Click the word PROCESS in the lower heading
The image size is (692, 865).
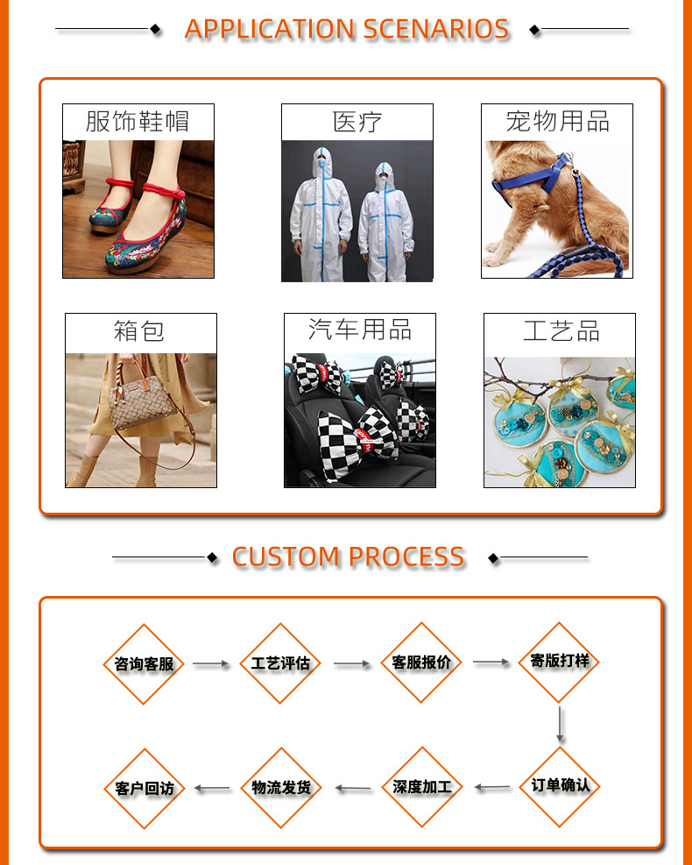click(406, 557)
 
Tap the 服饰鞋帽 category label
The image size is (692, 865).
click(138, 121)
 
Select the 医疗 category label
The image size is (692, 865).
click(357, 121)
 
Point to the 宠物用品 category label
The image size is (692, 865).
click(557, 121)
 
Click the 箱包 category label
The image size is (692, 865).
click(139, 332)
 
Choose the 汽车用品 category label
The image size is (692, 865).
click(359, 330)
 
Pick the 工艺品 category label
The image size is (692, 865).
click(561, 332)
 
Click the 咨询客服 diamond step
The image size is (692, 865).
click(145, 664)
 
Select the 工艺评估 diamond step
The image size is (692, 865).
click(280, 663)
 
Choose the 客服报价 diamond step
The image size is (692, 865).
click(421, 663)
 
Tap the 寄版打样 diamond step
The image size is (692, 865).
click(560, 662)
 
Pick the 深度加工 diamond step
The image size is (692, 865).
click(422, 787)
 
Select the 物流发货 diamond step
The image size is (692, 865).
click(280, 788)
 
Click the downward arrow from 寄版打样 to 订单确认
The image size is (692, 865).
click(560, 726)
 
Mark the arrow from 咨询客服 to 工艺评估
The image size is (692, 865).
click(211, 664)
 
